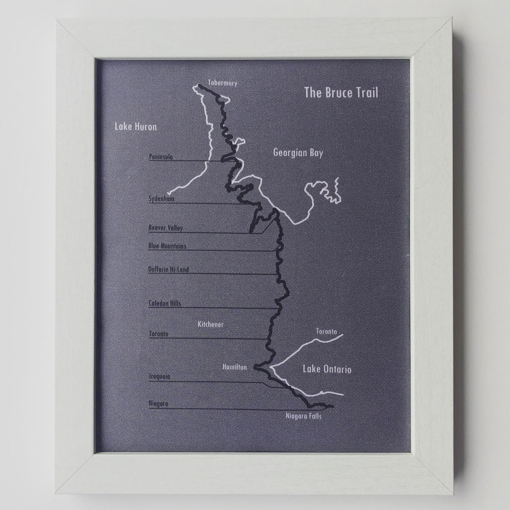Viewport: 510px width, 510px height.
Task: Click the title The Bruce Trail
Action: [341, 93]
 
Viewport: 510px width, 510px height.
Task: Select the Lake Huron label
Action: [136, 127]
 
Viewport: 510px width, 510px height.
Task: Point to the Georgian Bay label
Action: [298, 153]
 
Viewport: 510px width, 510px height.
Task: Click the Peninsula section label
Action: [161, 157]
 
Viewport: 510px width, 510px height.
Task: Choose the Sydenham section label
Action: [161, 199]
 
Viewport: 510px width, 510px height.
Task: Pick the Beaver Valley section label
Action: [165, 228]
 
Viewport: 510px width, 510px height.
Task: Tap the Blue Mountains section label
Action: [167, 246]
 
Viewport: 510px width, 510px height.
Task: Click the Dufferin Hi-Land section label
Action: [168, 269]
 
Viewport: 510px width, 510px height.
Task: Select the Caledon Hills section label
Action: [164, 303]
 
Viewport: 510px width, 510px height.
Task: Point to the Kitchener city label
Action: [211, 324]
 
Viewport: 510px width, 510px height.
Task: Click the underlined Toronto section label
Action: [158, 334]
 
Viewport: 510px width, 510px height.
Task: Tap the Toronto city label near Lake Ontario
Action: [327, 331]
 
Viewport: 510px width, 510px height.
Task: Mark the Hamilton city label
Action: [234, 367]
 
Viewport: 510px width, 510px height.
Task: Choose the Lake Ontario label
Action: [327, 369]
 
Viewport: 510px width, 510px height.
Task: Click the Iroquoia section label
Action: [159, 376]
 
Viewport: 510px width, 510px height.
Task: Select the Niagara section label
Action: [158, 404]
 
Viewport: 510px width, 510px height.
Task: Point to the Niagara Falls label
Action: [304, 416]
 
